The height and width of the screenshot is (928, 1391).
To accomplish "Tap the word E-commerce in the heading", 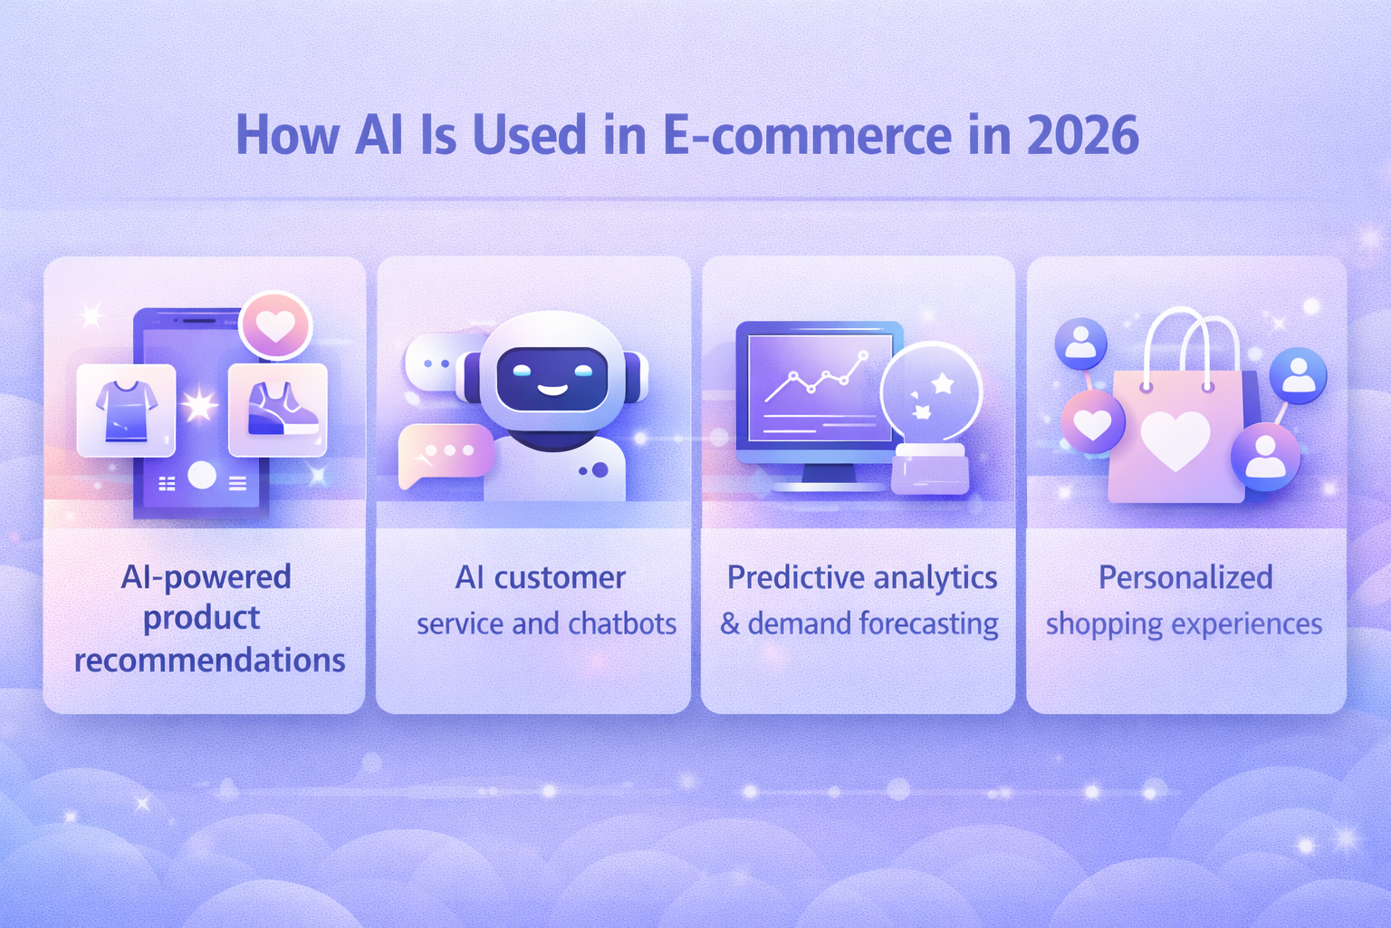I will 807,136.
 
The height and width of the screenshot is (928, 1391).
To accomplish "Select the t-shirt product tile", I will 127,410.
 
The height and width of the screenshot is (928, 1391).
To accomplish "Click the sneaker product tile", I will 278,410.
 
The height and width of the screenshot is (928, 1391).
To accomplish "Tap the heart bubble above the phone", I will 275,325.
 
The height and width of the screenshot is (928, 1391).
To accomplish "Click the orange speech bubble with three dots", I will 446,452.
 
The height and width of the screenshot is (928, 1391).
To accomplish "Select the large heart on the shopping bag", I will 1175,440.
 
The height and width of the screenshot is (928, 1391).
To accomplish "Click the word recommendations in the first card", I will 209,660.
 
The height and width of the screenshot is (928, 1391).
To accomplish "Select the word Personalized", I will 1185,577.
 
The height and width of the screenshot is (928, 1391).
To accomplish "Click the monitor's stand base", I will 829,486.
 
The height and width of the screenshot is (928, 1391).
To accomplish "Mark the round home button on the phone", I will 201,475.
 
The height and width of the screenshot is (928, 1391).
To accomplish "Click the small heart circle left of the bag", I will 1093,423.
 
